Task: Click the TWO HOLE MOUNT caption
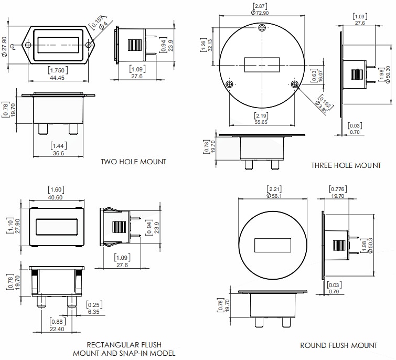133,162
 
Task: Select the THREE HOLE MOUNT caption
346,165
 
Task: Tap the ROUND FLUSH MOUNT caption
338,345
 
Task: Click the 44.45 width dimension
57,78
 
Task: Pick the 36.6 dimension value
58,153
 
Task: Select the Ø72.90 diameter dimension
262,12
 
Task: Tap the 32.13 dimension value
210,45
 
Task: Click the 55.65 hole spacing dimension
261,122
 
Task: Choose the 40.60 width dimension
56,197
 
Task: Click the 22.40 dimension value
57,329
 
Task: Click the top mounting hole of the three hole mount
263,28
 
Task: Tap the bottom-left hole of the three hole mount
229,84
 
